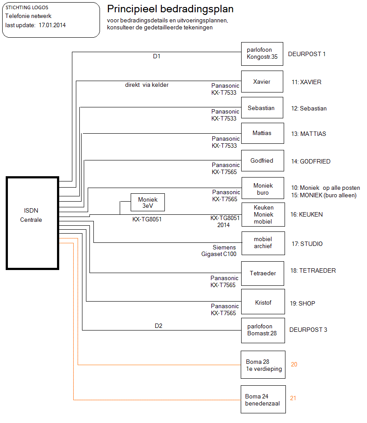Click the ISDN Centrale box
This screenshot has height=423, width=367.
32,223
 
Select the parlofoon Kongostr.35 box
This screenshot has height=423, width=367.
262,54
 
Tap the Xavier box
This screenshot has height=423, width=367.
262,82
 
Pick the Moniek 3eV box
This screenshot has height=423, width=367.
147,203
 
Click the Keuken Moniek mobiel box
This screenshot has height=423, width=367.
263,215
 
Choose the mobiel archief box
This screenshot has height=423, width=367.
263,243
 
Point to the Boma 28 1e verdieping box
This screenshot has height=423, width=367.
263,365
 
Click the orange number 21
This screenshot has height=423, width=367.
293,398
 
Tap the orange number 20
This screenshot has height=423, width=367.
294,364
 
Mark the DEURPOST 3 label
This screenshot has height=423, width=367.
308,330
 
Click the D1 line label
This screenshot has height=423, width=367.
157,56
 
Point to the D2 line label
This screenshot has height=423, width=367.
158,326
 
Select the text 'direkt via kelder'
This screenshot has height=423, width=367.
146,85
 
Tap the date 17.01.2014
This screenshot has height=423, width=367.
52,25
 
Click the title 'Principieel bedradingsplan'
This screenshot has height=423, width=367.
170,9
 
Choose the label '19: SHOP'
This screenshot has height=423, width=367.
303,303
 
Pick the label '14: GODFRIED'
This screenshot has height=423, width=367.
310,161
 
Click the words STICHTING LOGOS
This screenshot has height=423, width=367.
27,8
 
